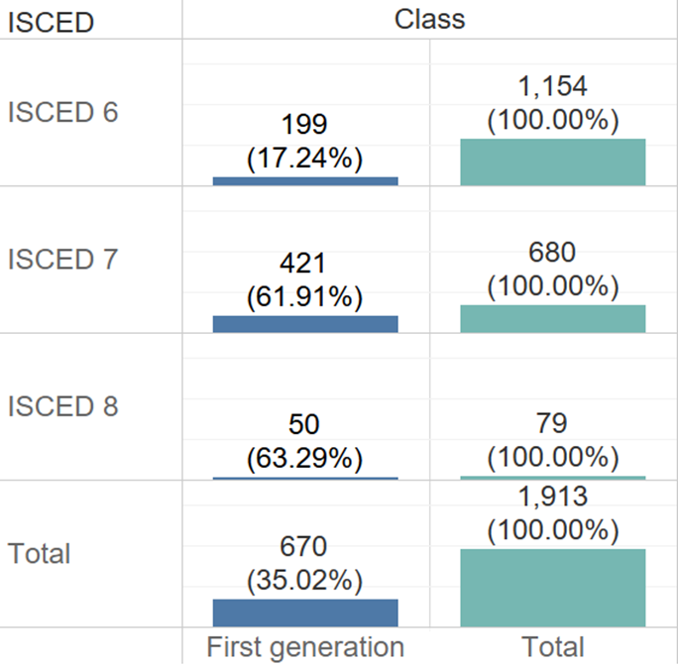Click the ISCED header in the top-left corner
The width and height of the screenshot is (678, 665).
pos(51,21)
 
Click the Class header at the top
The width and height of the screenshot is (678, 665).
pos(429,18)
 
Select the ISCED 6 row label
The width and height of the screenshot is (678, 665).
pos(62,112)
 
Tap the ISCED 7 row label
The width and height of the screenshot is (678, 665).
pos(62,260)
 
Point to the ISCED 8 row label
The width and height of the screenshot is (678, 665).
pos(62,406)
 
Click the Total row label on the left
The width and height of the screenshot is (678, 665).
pos(39,553)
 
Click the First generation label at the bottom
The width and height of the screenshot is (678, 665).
pos(305,647)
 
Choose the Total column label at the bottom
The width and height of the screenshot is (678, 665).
pos(552,647)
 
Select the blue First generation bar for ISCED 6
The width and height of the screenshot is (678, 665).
pos(305,181)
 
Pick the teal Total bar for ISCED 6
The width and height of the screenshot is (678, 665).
pos(553,162)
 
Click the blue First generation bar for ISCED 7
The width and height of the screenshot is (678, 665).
pos(305,324)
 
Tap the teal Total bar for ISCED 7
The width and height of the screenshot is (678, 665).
pos(553,318)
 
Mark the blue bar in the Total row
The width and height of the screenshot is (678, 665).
pos(305,612)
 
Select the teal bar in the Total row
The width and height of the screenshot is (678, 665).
pos(553,588)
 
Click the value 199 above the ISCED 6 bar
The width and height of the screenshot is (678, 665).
pos(305,125)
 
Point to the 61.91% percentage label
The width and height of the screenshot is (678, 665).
pos(305,296)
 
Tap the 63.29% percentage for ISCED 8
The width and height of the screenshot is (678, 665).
pos(305,459)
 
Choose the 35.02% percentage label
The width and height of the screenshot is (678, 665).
pos(305,579)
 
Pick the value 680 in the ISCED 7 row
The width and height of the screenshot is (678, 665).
pos(552,254)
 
